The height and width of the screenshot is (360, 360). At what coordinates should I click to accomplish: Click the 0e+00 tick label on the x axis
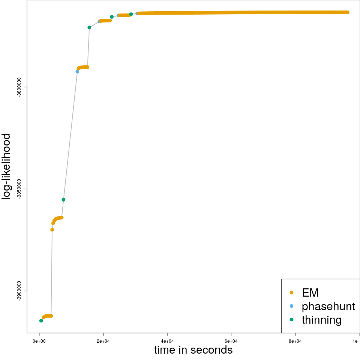(x=39, y=341)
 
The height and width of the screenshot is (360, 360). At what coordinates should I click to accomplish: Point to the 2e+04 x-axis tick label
(x=103, y=341)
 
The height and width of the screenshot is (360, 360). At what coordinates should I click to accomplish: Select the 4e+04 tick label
(x=167, y=341)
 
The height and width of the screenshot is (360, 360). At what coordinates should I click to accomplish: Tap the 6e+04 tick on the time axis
(x=231, y=341)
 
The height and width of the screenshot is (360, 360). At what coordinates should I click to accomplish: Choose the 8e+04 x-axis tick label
(x=295, y=341)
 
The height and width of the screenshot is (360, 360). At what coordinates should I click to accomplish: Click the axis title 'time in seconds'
(x=193, y=350)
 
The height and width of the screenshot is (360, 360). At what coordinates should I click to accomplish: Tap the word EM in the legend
(x=310, y=292)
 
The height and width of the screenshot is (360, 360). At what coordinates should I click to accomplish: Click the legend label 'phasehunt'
(x=328, y=306)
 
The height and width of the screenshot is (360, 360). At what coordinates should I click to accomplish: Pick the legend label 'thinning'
(x=321, y=320)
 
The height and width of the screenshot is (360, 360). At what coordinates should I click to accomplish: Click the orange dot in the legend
(x=292, y=292)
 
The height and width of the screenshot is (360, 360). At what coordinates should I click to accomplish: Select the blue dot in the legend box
(x=292, y=306)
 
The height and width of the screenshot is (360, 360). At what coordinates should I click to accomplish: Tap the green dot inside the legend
(x=292, y=319)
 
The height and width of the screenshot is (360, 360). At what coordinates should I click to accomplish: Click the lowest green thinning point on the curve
(x=41, y=321)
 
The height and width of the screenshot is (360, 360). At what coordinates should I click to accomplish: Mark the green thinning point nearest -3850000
(x=63, y=200)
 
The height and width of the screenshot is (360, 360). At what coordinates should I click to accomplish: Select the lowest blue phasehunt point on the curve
(x=77, y=72)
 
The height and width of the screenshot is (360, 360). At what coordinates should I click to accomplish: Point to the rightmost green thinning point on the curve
(x=131, y=14)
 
